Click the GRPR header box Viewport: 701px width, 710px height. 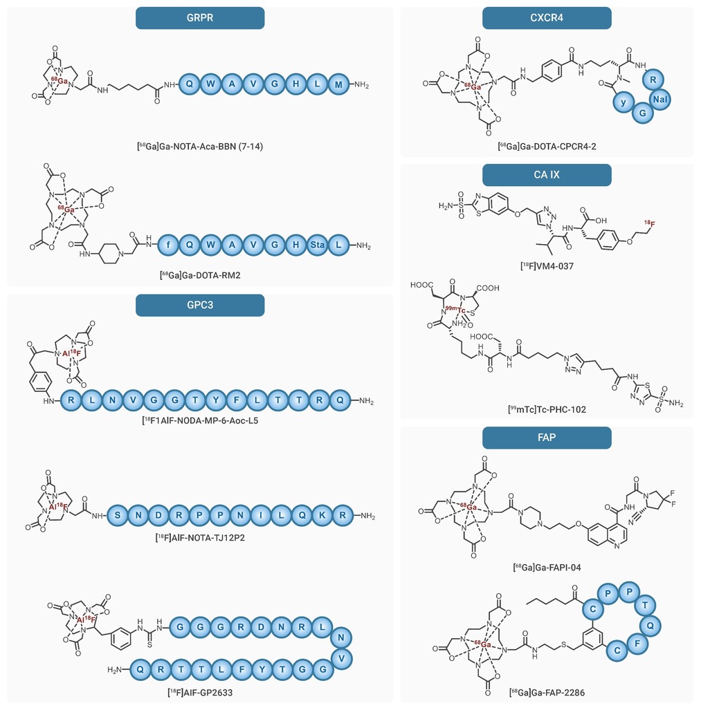[200, 18]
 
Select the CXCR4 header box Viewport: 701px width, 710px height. [547, 18]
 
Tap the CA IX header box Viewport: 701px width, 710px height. [547, 175]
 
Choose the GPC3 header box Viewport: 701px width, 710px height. [200, 305]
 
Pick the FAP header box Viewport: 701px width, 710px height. [547, 438]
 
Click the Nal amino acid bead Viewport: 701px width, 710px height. [659, 99]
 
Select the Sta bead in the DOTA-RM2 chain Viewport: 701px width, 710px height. [317, 245]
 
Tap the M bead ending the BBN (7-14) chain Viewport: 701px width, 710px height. [338, 84]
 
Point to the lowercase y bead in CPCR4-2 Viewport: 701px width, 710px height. [623, 102]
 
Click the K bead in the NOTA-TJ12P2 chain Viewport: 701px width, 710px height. [322, 515]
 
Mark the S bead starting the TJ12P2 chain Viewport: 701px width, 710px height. [118, 515]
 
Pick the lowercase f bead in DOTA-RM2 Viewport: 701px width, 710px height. [169, 245]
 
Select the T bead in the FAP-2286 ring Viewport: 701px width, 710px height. [645, 605]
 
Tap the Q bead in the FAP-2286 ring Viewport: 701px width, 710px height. [650, 626]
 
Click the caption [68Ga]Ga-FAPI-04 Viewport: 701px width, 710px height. [547, 568]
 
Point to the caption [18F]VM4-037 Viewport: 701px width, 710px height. [547, 266]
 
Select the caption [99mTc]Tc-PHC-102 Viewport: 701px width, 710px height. [547, 409]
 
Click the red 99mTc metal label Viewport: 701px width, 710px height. [455, 309]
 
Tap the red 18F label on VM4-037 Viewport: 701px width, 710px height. [650, 223]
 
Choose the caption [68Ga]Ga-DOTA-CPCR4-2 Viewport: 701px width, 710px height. [547, 147]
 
